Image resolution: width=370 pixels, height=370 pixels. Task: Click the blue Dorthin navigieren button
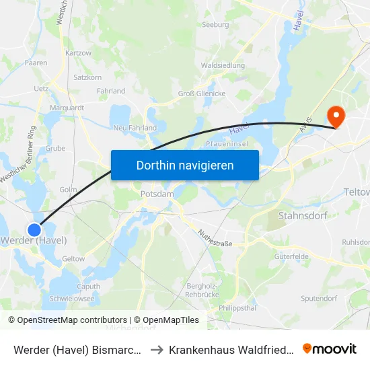click(x=185, y=165)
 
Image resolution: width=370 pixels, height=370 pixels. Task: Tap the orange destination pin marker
click(x=334, y=116)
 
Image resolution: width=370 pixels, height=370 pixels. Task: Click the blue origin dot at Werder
click(x=36, y=229)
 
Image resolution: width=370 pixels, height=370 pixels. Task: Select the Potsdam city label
click(x=157, y=194)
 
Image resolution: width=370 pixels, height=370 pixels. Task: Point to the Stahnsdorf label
click(x=302, y=216)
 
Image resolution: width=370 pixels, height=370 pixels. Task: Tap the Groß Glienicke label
click(x=200, y=94)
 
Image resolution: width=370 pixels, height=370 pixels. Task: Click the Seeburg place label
click(x=215, y=25)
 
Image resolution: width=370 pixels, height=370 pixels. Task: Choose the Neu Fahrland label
click(x=135, y=128)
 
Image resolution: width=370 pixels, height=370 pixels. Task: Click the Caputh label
click(x=88, y=286)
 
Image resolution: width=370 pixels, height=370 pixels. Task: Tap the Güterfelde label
click(x=291, y=256)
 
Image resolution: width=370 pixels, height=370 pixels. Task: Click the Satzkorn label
click(x=87, y=77)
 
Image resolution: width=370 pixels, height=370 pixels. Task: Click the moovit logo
click(x=330, y=348)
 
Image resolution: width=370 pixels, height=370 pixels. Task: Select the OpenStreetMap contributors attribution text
click(x=67, y=320)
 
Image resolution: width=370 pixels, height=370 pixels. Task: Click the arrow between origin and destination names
click(x=154, y=349)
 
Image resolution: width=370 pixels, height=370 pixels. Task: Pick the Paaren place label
click(x=36, y=63)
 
